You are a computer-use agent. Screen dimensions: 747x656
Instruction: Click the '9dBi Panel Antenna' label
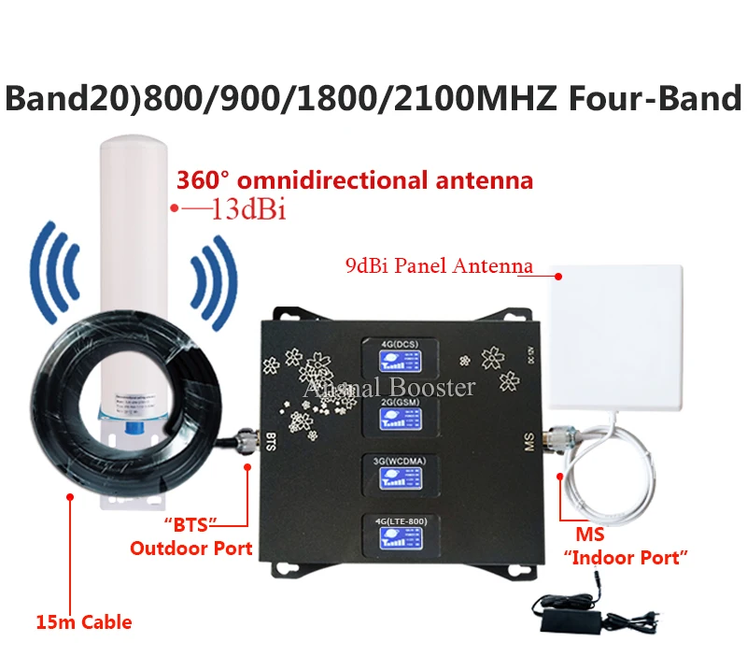point(438,266)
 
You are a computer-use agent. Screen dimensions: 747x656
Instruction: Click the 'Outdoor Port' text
point(191,549)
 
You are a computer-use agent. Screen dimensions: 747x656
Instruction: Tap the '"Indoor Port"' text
point(626,558)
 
